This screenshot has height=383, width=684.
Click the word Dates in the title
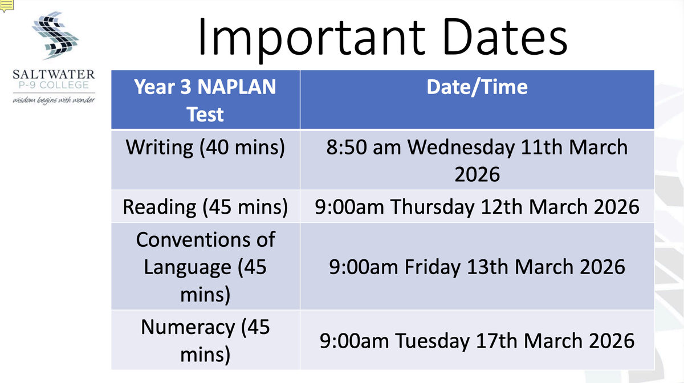point(505,36)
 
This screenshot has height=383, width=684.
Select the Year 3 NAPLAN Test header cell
point(205,100)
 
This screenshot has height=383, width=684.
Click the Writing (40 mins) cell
point(205,160)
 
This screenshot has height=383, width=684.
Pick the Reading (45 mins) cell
point(205,207)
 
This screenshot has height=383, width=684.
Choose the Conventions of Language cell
point(205,266)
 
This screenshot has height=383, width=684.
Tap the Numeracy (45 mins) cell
point(205,340)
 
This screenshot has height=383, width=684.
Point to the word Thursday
point(433,207)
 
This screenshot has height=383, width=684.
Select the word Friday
point(433,267)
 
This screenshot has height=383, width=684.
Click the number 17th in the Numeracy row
point(496,341)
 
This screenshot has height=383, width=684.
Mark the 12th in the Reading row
point(502,207)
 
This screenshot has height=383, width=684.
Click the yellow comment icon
point(7,6)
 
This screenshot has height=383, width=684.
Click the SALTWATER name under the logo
point(54,75)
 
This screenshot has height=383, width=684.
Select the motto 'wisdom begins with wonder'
point(54,100)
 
